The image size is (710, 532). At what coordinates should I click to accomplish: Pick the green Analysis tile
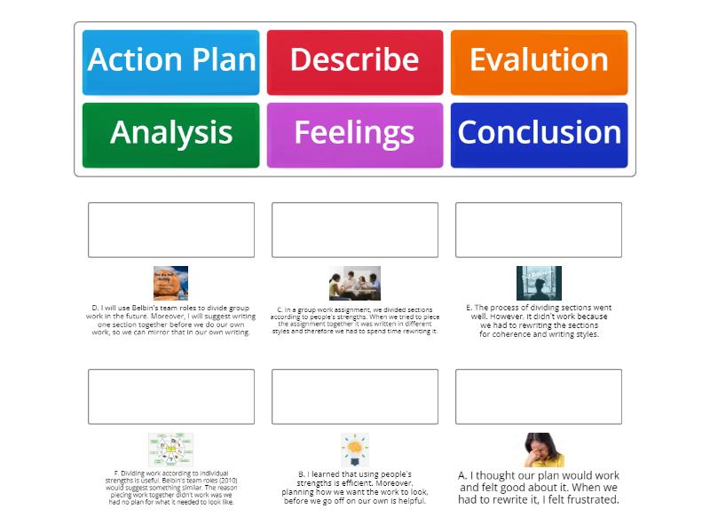click(171, 135)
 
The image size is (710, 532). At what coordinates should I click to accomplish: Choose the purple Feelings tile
click(354, 135)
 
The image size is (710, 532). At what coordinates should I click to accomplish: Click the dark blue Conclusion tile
click(539, 135)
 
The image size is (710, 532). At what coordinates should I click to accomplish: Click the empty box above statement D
click(171, 230)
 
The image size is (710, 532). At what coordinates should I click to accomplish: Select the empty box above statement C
click(354, 230)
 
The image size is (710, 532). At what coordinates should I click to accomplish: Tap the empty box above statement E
click(539, 230)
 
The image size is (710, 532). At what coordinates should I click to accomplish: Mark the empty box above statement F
click(171, 396)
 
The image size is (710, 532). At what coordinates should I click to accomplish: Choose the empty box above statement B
click(354, 396)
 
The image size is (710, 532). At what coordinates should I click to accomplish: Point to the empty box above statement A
click(539, 396)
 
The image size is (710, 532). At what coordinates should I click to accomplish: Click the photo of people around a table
click(354, 283)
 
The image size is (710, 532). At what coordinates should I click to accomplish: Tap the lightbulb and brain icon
click(354, 450)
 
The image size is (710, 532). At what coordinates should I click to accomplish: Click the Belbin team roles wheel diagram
click(170, 450)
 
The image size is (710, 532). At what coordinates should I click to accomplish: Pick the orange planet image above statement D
click(170, 283)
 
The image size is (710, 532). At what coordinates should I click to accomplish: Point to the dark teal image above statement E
click(539, 283)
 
